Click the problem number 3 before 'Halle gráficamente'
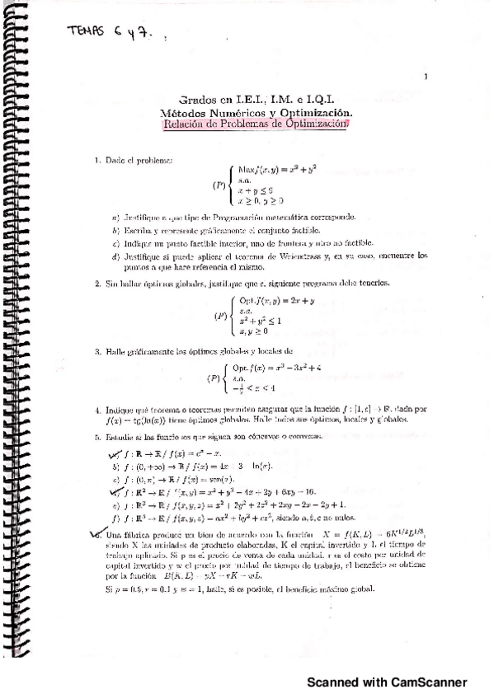click(x=96, y=352)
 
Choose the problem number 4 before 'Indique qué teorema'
click(x=96, y=409)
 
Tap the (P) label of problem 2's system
click(x=219, y=315)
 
